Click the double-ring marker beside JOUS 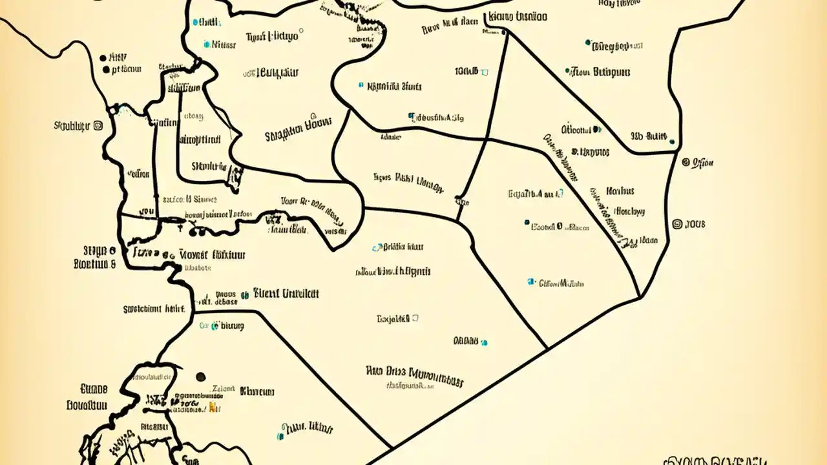pyautogui.click(x=677, y=224)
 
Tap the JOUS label pyautogui.click(x=695, y=224)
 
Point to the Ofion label pyautogui.click(x=703, y=163)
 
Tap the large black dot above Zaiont pyautogui.click(x=200, y=377)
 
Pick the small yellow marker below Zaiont pyautogui.click(x=211, y=408)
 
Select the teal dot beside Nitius pyautogui.click(x=207, y=45)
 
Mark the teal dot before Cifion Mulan pyautogui.click(x=531, y=282)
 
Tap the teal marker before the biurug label pyautogui.click(x=214, y=326)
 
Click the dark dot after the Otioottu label pyautogui.click(x=598, y=130)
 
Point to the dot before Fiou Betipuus pyautogui.click(x=567, y=71)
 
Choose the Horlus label pyautogui.click(x=620, y=191)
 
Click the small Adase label pyautogui.click(x=390, y=137)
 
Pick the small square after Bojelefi pyautogui.click(x=415, y=318)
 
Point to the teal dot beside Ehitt pyautogui.click(x=195, y=22)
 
